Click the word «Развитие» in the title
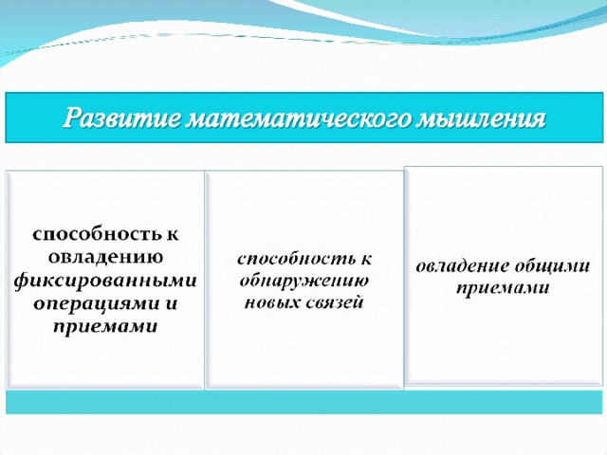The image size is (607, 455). point(121,118)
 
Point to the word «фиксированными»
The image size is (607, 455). point(105,282)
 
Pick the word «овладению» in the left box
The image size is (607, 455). point(105,257)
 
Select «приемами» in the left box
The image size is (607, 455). point(105,327)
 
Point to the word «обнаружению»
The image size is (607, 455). point(304,281)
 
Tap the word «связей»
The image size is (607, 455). point(335,301)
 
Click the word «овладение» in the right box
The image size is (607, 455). point(463,266)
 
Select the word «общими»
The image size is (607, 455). point(553,265)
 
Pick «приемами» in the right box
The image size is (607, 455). point(503,288)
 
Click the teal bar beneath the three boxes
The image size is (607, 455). point(304,402)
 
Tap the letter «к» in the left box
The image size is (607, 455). point(173,235)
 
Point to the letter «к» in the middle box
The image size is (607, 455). point(365,260)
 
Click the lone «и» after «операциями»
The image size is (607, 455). point(170,303)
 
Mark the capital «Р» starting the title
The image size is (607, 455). point(73,117)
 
